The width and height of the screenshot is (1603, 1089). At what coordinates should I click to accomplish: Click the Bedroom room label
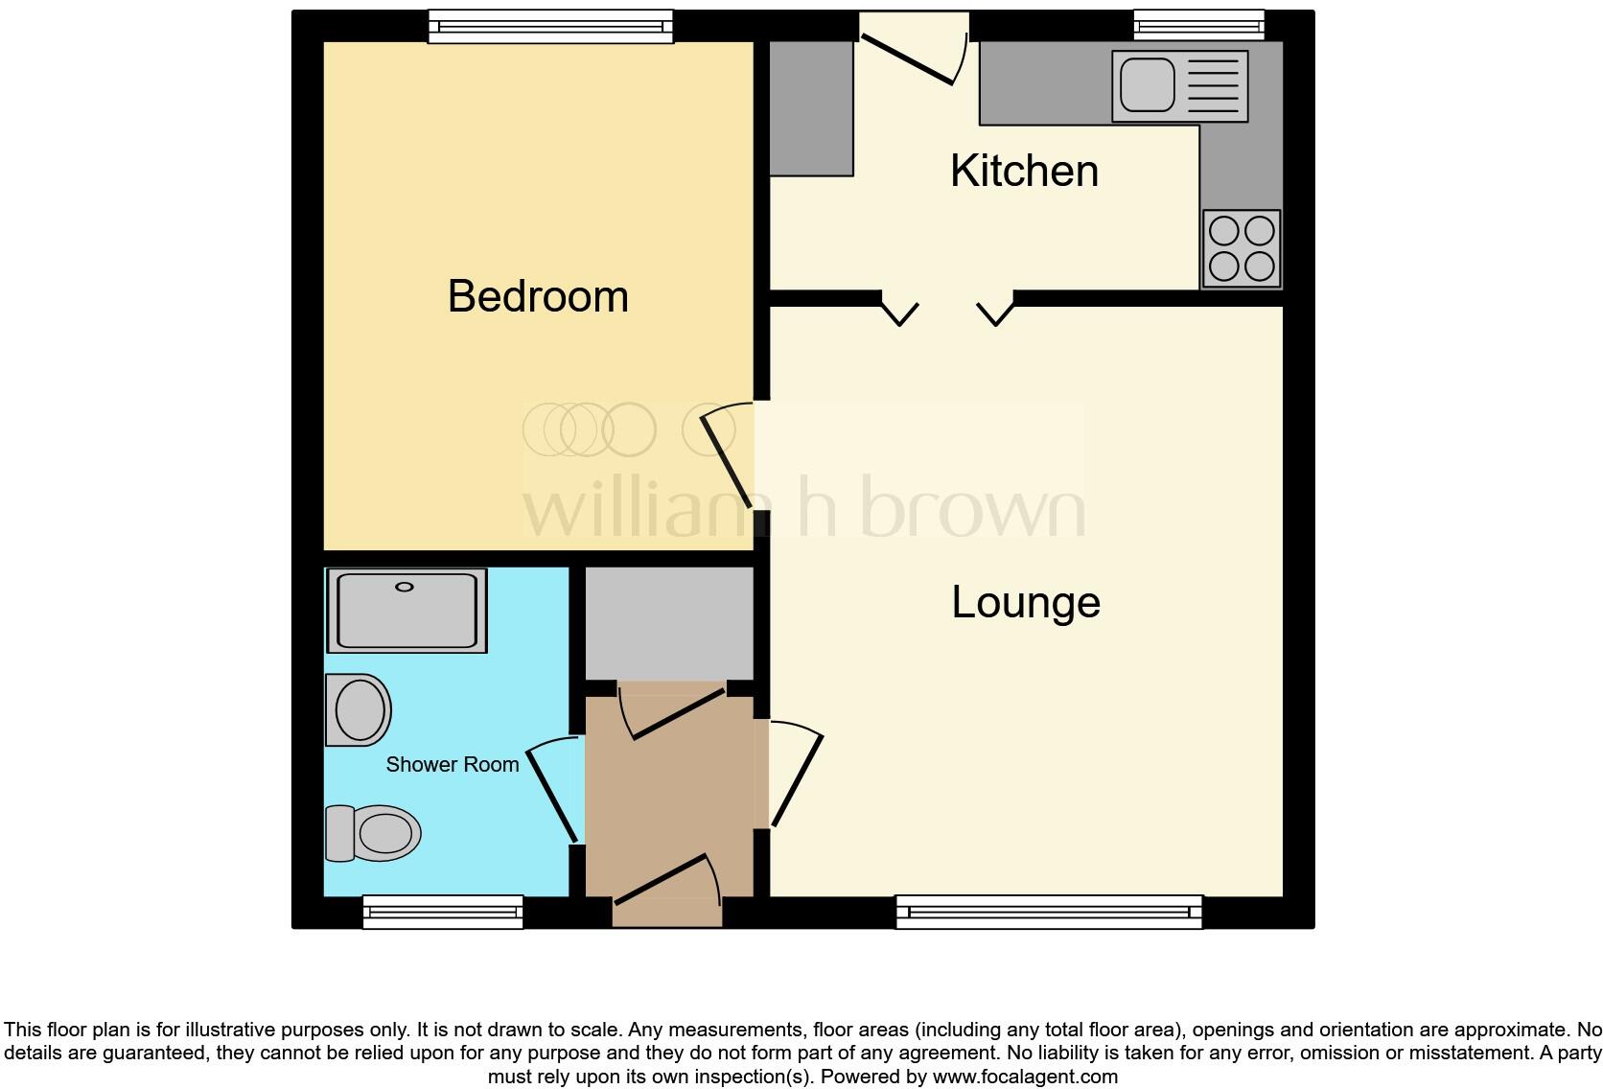[538, 296]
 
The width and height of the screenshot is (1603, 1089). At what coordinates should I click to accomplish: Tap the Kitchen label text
[1024, 171]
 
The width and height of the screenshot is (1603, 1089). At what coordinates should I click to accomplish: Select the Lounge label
[1026, 602]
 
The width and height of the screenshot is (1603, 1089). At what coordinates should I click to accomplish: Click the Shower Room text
[453, 764]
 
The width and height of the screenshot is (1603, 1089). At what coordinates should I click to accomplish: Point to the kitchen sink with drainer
[1179, 86]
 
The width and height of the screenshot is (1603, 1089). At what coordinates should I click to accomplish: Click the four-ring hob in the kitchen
[1242, 248]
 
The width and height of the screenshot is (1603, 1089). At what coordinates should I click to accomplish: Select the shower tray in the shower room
[407, 611]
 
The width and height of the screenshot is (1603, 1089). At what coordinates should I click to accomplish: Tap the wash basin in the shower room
[359, 709]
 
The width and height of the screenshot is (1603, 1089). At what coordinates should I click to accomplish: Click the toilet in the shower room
[374, 832]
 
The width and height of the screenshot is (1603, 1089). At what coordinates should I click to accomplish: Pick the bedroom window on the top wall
[550, 27]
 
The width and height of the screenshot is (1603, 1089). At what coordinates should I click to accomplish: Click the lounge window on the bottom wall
[1049, 912]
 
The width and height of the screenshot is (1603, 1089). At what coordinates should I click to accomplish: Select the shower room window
[443, 912]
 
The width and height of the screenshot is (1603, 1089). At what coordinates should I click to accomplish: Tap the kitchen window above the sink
[1198, 26]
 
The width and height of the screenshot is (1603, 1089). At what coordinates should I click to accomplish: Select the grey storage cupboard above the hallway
[668, 621]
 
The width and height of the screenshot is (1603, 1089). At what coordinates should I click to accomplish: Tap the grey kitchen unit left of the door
[811, 108]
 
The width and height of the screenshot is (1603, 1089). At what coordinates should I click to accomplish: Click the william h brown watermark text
[803, 508]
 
